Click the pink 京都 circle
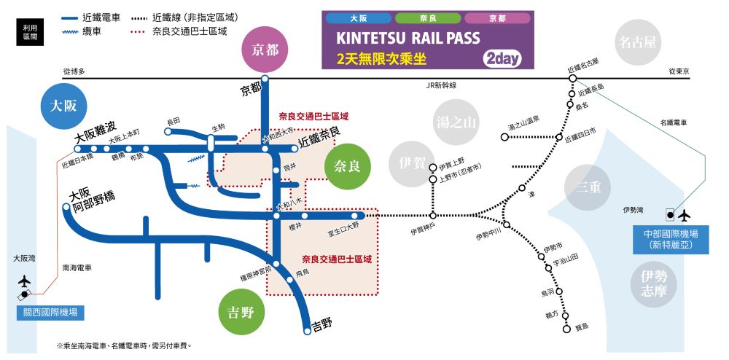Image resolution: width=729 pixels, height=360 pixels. coord(265,50)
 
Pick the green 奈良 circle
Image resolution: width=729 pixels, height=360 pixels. coord(347,166)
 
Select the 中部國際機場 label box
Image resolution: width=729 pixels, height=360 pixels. coord(671,240)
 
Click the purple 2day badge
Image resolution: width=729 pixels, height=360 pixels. coord(502,59)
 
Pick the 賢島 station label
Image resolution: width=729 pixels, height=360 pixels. coord(581,326)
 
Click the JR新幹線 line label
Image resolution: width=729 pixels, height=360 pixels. coord(441,85)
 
